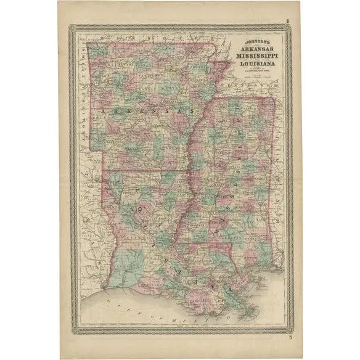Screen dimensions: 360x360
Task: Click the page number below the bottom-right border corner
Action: pos(290,336)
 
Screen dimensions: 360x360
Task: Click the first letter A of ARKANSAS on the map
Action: pos(99,109)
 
